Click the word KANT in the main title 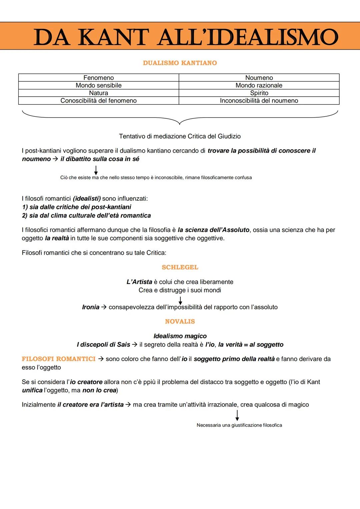pyautogui.click(x=113, y=37)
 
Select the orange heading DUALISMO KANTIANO pyautogui.click(x=180, y=63)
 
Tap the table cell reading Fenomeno pyautogui.click(x=99, y=78)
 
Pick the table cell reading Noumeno pyautogui.click(x=259, y=78)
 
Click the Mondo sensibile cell pyautogui.click(x=99, y=85)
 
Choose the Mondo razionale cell pyautogui.click(x=259, y=85)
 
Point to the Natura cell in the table pyautogui.click(x=99, y=93)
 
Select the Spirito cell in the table pyautogui.click(x=259, y=93)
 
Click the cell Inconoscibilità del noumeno pyautogui.click(x=259, y=101)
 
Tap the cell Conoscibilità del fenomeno pyautogui.click(x=99, y=101)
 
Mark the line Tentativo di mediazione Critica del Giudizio pyautogui.click(x=180, y=136)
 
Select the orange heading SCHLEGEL pyautogui.click(x=180, y=267)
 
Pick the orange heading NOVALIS pyautogui.click(x=180, y=322)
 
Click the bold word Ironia pyautogui.click(x=91, y=307)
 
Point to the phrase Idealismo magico pyautogui.click(x=180, y=336)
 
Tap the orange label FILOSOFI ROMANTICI pyautogui.click(x=59, y=359)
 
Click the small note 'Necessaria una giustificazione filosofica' pyautogui.click(x=239, y=425)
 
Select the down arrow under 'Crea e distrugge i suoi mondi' pyautogui.click(x=180, y=300)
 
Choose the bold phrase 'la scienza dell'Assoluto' pyautogui.click(x=214, y=230)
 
